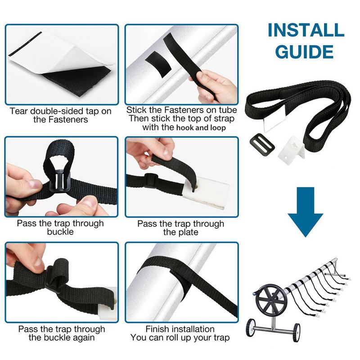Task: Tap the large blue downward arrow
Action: coord(306,209)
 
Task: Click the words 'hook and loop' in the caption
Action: coord(201,127)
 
